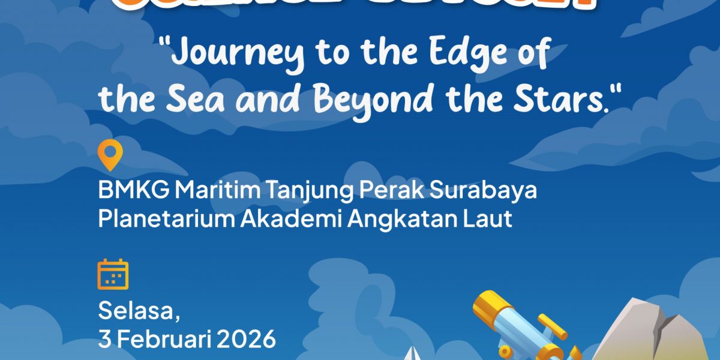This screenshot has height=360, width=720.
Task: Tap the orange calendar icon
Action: click(113, 274)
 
